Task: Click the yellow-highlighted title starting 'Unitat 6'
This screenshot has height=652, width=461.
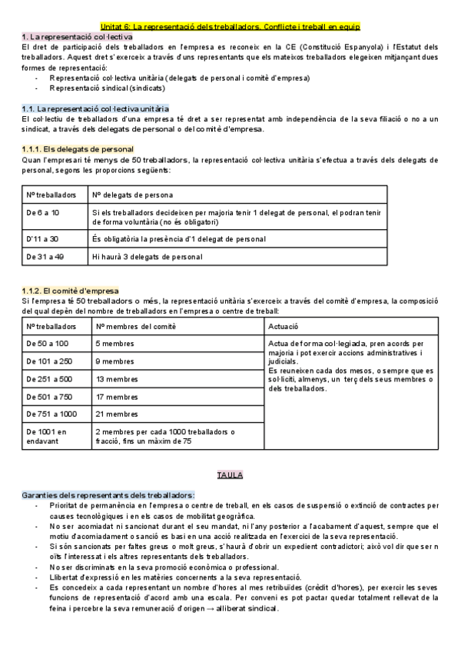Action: click(x=230, y=26)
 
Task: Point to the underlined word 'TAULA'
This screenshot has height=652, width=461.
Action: click(x=230, y=475)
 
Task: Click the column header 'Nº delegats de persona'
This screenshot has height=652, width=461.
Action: click(x=132, y=195)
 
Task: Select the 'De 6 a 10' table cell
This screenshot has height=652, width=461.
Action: click(x=43, y=211)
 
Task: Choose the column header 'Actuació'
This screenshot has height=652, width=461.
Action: click(x=283, y=327)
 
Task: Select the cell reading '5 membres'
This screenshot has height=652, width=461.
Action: click(x=113, y=343)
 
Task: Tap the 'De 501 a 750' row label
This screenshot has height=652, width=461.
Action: click(x=50, y=396)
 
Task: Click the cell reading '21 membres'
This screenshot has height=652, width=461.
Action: click(x=115, y=414)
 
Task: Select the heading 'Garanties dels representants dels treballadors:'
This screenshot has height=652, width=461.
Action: click(x=108, y=494)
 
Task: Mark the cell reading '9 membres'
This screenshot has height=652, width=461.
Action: click(x=113, y=361)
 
